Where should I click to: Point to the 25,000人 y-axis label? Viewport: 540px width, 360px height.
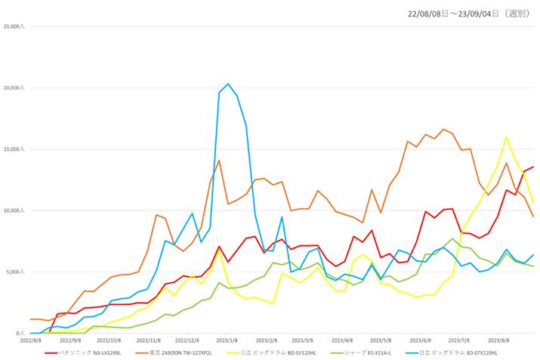(14, 27)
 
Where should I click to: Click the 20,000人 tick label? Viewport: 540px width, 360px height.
(14, 88)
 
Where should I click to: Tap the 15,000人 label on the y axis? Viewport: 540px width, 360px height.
(14, 149)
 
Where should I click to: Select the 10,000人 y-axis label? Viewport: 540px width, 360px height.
(14, 211)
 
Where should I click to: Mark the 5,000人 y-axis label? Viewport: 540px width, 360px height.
(15, 272)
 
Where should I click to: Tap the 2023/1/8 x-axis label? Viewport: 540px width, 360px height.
(227, 340)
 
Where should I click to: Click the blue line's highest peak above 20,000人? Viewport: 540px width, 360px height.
(228, 84)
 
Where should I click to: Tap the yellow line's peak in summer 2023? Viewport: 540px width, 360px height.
(506, 137)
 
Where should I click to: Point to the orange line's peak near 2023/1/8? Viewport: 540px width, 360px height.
(219, 160)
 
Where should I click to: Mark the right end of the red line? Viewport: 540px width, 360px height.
(533, 167)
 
